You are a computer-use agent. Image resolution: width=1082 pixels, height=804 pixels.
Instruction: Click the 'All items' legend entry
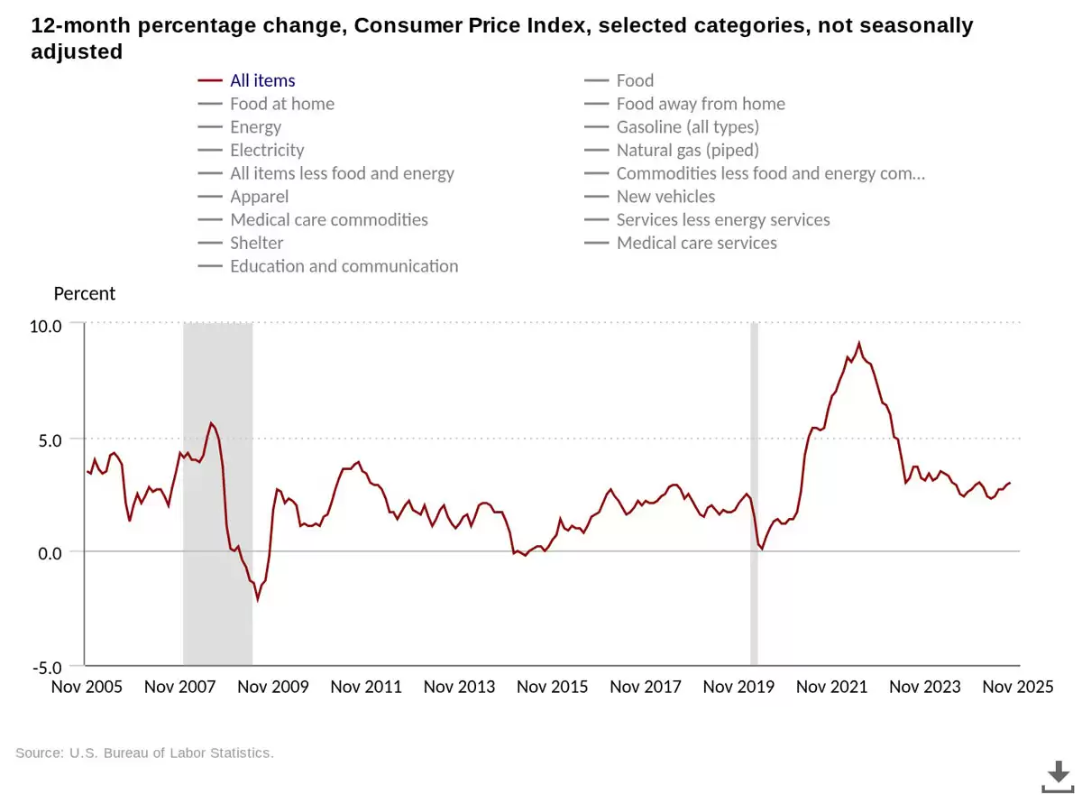(x=261, y=81)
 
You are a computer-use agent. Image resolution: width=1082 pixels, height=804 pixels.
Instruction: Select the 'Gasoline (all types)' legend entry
(x=687, y=127)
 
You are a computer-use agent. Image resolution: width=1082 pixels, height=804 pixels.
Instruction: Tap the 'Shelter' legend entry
(x=256, y=243)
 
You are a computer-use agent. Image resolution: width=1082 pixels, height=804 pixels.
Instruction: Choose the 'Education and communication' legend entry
(x=344, y=266)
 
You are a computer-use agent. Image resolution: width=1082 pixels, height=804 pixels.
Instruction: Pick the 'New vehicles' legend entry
(x=665, y=197)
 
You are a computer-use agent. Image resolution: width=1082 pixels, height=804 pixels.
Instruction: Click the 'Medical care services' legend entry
(x=696, y=243)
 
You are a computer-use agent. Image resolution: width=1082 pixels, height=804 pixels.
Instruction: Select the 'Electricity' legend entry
(x=267, y=151)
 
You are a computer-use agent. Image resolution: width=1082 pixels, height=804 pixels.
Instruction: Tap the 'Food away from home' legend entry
(x=701, y=104)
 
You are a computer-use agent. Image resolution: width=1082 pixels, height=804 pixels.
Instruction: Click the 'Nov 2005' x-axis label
(x=87, y=687)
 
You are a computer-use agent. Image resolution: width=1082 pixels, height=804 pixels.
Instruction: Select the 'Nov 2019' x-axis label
(x=738, y=687)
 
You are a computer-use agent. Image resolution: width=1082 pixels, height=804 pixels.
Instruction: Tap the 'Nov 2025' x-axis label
(x=1017, y=687)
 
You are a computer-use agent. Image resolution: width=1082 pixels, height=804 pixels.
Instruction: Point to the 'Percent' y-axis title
(x=85, y=294)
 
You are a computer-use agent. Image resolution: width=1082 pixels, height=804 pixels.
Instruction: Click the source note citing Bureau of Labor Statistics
(x=144, y=753)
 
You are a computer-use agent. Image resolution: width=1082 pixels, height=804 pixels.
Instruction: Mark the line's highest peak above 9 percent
(x=858, y=343)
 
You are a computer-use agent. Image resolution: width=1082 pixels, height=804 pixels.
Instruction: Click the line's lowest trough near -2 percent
(x=257, y=599)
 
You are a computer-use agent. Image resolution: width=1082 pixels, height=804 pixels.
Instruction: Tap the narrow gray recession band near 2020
(x=754, y=494)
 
